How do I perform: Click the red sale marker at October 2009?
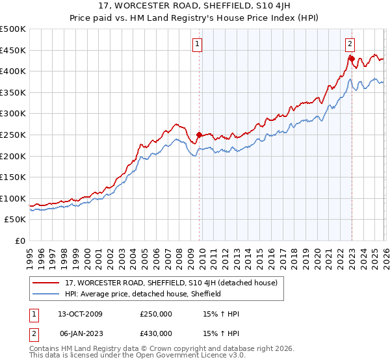(x=199, y=135)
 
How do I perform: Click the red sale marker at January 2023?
(x=352, y=58)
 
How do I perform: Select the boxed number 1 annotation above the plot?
(x=197, y=44)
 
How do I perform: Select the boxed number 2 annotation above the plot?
(x=350, y=44)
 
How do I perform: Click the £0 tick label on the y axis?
(x=19, y=240)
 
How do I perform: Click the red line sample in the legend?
(x=46, y=283)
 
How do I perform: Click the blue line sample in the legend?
(x=46, y=294)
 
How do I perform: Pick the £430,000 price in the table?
(x=156, y=333)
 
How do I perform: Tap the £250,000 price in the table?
(x=156, y=314)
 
